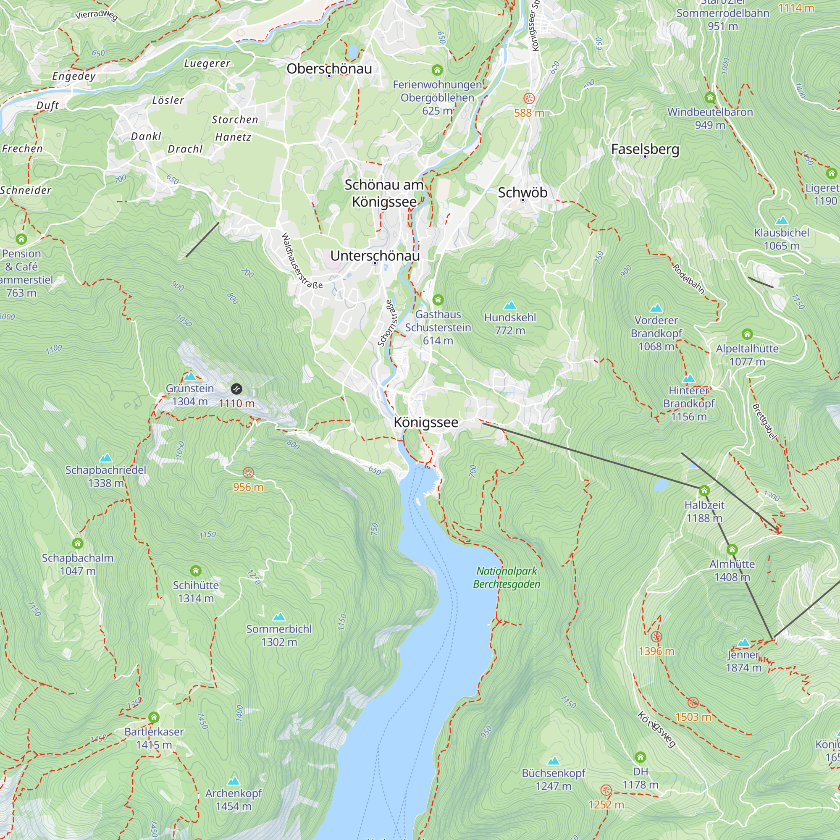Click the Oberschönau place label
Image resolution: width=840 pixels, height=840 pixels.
click(x=329, y=69)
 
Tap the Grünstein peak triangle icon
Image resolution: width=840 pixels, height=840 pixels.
click(x=189, y=376)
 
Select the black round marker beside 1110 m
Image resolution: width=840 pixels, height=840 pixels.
click(x=236, y=388)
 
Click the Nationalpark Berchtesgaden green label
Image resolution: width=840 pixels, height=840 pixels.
click(x=507, y=577)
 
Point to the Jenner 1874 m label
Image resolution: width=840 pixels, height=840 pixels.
click(x=743, y=661)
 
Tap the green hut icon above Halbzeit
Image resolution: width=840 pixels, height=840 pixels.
click(x=704, y=491)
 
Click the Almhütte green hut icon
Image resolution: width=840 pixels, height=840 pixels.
click(x=732, y=549)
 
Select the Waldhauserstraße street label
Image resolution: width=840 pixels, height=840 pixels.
click(x=301, y=261)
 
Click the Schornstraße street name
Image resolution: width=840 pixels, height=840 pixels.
click(x=387, y=323)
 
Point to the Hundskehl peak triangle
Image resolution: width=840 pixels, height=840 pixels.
click(x=510, y=305)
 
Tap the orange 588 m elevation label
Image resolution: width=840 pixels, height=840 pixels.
click(x=529, y=113)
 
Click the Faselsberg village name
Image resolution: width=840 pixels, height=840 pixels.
click(x=645, y=149)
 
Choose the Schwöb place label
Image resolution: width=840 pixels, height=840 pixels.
click(x=522, y=192)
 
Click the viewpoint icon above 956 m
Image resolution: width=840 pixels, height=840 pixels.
click(x=248, y=472)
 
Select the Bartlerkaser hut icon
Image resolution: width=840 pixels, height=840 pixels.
click(x=154, y=717)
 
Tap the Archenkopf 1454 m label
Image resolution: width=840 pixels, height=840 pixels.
click(x=234, y=800)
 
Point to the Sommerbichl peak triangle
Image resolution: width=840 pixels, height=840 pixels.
click(x=279, y=617)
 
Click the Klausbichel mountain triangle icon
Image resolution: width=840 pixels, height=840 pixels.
click(x=782, y=220)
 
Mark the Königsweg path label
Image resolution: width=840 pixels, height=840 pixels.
click(x=656, y=729)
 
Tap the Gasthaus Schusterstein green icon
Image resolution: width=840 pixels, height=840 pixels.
click(x=438, y=299)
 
